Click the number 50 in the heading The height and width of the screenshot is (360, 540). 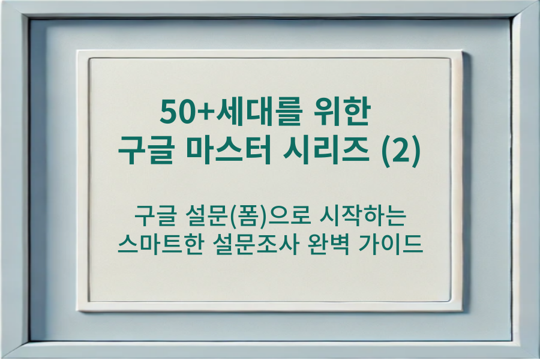173,112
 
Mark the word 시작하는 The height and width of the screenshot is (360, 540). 358,215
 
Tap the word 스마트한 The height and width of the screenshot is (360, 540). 157,245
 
